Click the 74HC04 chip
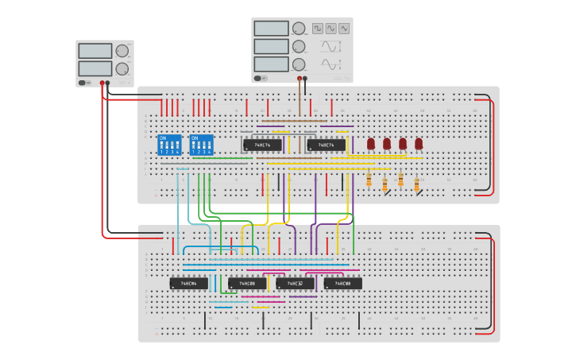[188, 283]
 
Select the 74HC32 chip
[295, 283]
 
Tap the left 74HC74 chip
[261, 145]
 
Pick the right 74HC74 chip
[326, 145]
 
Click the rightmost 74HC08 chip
[342, 283]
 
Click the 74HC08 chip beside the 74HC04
[247, 283]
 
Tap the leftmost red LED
[371, 144]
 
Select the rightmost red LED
[419, 144]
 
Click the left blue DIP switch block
[169, 145]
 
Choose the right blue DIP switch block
[202, 145]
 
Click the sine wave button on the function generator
[331, 28]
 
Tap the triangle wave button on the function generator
[344, 28]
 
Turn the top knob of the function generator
[299, 29]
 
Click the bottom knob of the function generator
[299, 64]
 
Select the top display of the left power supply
[95, 51]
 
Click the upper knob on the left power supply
[122, 51]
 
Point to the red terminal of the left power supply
[102, 82]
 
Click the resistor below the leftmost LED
[369, 180]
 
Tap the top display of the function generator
[271, 28]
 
